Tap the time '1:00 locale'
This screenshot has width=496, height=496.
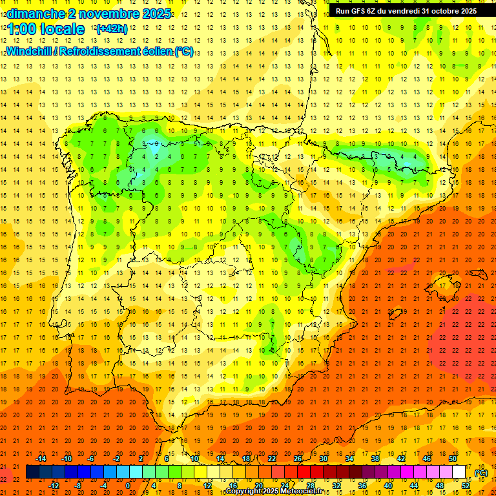pyautogui.click(x=46, y=29)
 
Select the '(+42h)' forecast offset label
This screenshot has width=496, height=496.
pyautogui.click(x=111, y=29)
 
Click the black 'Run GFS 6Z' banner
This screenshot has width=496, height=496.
pyautogui.click(x=406, y=11)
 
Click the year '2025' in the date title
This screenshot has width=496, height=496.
pyautogui.click(x=156, y=14)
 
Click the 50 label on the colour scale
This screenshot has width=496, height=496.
pyautogui.click(x=453, y=459)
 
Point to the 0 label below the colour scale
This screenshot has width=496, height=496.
pyautogui.click(x=128, y=486)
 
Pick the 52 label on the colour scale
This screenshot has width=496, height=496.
pyautogui.click(x=466, y=486)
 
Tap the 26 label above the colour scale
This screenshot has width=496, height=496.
pyautogui.click(x=298, y=459)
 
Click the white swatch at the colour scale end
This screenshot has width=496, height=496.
pyautogui.click(x=459, y=472)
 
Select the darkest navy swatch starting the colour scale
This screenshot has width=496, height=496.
pyautogui.click(x=32, y=472)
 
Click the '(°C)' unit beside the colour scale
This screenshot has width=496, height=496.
pyautogui.click(x=481, y=473)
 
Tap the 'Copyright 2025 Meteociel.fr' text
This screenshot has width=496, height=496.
pyautogui.click(x=274, y=491)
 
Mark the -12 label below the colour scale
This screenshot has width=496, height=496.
pyautogui.click(x=54, y=486)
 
